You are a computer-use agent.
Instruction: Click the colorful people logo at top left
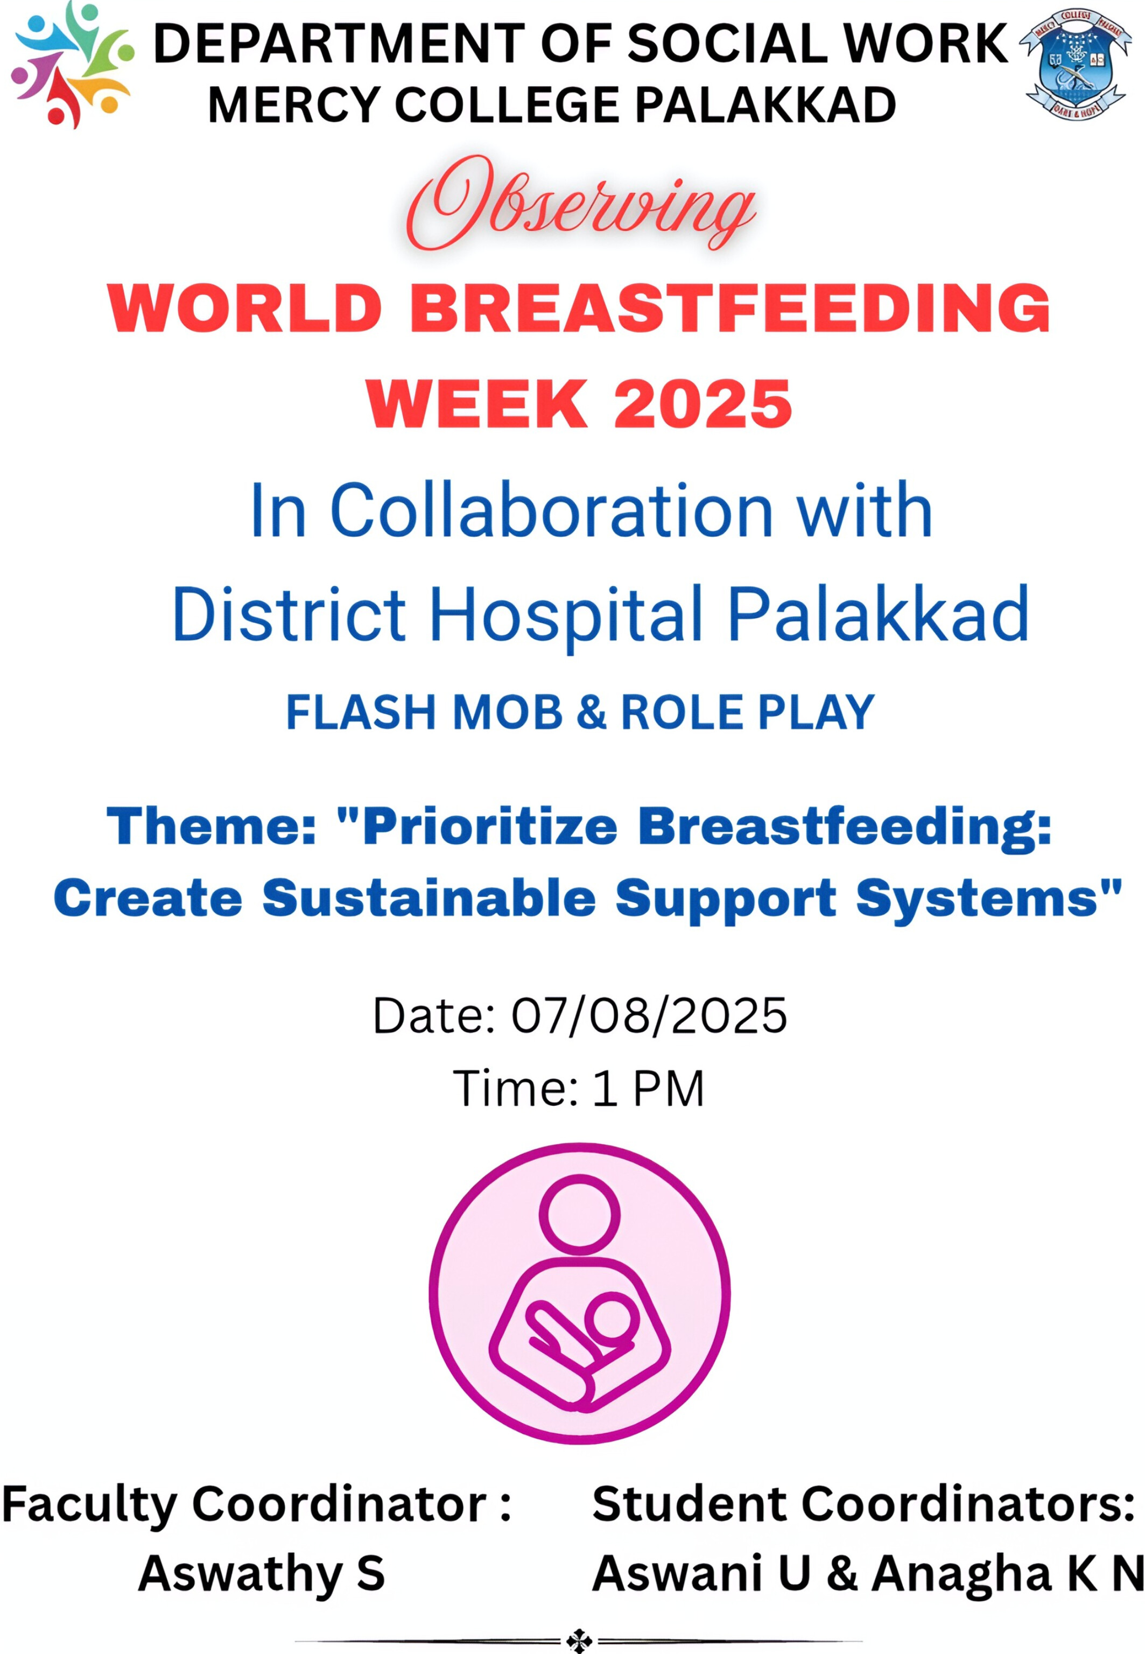click(72, 67)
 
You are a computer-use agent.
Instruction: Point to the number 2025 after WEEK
click(703, 404)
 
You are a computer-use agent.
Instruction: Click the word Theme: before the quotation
click(212, 825)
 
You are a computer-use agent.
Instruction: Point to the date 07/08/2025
click(649, 1015)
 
